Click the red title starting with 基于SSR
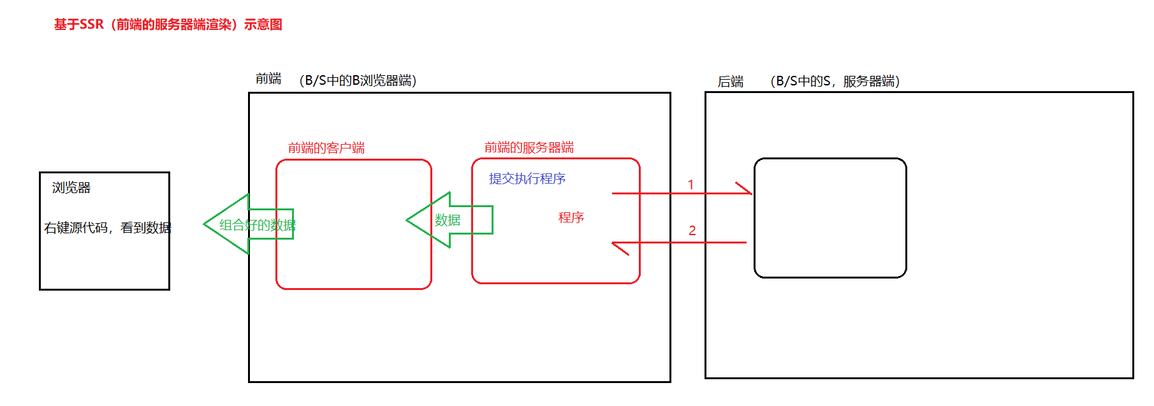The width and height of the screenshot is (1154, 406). click(168, 25)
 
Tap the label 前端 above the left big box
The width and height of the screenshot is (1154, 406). click(268, 78)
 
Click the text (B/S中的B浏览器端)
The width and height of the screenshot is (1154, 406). click(358, 80)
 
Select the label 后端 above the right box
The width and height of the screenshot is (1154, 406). click(731, 82)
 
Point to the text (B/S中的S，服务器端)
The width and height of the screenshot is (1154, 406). click(835, 82)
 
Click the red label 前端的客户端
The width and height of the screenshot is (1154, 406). click(326, 148)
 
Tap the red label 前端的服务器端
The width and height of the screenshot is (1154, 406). click(529, 148)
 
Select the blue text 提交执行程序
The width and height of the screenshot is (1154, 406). click(527, 178)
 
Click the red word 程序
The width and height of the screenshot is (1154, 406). click(571, 217)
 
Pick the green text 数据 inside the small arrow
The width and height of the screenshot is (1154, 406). click(448, 220)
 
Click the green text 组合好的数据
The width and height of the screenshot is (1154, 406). click(258, 225)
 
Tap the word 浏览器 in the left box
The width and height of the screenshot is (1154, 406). click(71, 187)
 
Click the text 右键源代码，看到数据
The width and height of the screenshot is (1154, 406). click(108, 228)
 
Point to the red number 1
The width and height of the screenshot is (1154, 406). click(690, 185)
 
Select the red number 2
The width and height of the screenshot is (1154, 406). click(692, 230)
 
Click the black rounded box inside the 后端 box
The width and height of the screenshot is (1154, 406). click(830, 218)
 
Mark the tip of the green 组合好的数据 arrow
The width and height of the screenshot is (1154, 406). click(205, 224)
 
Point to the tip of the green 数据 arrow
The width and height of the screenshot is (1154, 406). click(408, 221)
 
